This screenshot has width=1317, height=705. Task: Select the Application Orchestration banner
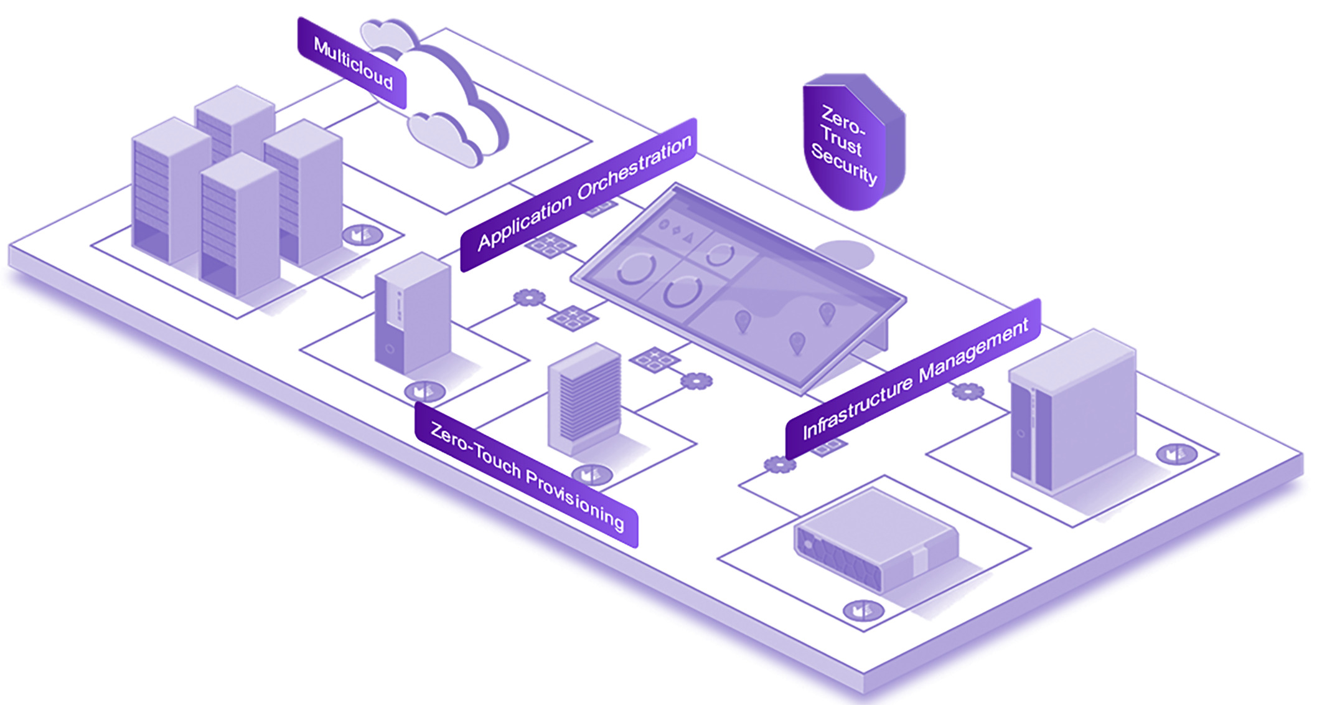[x=579, y=194]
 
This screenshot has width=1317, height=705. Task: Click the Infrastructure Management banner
[x=913, y=379]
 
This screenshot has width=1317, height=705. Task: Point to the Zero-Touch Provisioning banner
[x=526, y=475]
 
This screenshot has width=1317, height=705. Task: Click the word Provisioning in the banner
[x=576, y=498]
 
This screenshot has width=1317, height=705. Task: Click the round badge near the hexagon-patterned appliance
[x=863, y=610]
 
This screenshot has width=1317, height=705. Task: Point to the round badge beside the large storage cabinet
[x=1176, y=454]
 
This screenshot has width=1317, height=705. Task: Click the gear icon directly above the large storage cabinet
[x=968, y=391]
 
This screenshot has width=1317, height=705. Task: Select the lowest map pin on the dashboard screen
[x=797, y=342]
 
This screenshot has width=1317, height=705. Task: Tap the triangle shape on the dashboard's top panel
[x=688, y=237]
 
